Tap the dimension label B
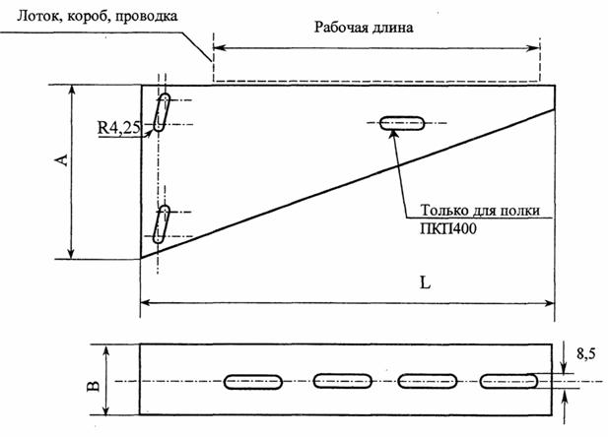(x=92, y=379)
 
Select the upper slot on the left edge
(x=163, y=110)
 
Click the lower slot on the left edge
(x=163, y=223)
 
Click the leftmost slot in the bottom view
(x=256, y=381)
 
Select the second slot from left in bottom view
(x=343, y=381)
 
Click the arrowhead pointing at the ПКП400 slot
(x=393, y=134)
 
